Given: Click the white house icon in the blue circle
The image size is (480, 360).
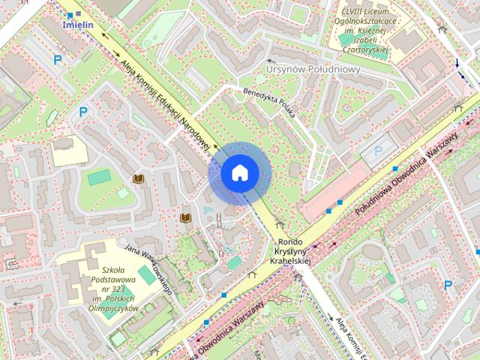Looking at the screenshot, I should click(239, 173).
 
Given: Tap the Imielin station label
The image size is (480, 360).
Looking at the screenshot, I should click(79, 24).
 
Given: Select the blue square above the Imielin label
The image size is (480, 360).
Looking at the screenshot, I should click(71, 13).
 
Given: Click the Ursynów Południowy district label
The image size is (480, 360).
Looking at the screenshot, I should click(313, 69).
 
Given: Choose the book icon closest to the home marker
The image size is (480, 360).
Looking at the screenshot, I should click(184, 217).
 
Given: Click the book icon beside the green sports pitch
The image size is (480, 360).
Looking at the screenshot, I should click(137, 178).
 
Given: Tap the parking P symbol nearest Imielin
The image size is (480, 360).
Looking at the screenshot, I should click(57, 59).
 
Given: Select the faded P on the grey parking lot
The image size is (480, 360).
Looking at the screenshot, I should click(378, 151).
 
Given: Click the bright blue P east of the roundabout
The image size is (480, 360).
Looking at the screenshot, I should click(448, 284).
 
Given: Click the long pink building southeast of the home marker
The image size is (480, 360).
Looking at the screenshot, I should click(336, 192).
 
